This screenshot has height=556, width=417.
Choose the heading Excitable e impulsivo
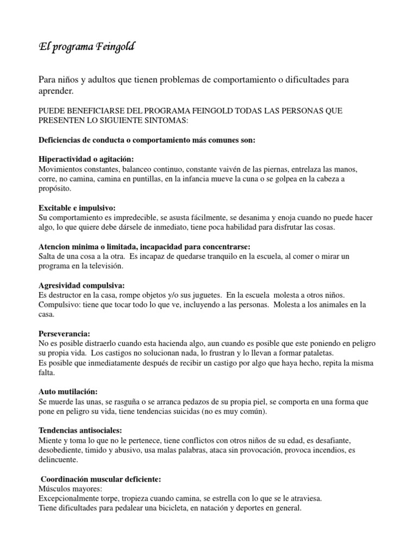coord(77,208)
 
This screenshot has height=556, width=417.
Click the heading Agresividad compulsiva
coord(81,285)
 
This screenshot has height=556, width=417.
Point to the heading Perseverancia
coord(65,333)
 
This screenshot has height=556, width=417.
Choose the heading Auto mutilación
coord(68,391)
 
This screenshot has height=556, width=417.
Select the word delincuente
coord(58,459)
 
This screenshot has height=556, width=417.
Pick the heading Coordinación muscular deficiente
coord(101,479)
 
